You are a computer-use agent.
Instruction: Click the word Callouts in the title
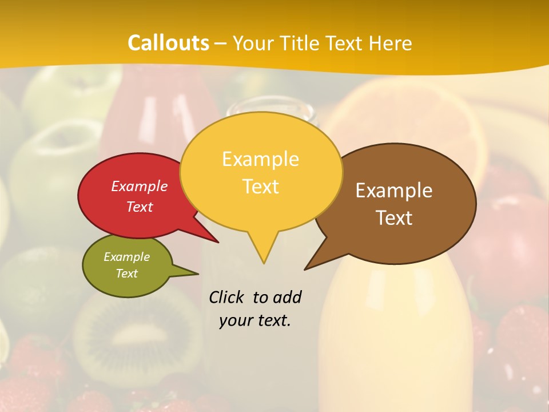click(x=168, y=43)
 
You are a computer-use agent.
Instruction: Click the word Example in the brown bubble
click(x=394, y=191)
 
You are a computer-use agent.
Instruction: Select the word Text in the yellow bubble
click(x=261, y=187)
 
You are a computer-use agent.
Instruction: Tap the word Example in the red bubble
click(x=140, y=186)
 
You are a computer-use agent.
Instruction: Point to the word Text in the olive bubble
click(x=127, y=274)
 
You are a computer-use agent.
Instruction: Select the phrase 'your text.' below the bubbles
click(x=255, y=320)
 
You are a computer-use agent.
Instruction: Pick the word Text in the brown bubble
click(x=394, y=218)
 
